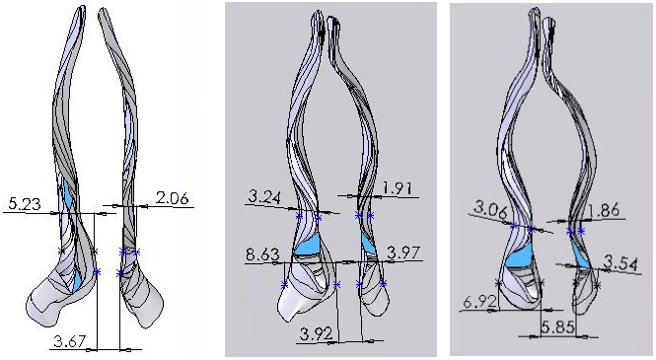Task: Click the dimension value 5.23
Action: (x=24, y=204)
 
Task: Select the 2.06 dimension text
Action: (x=172, y=198)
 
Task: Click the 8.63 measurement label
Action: (x=262, y=255)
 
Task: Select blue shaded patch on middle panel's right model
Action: (x=368, y=241)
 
